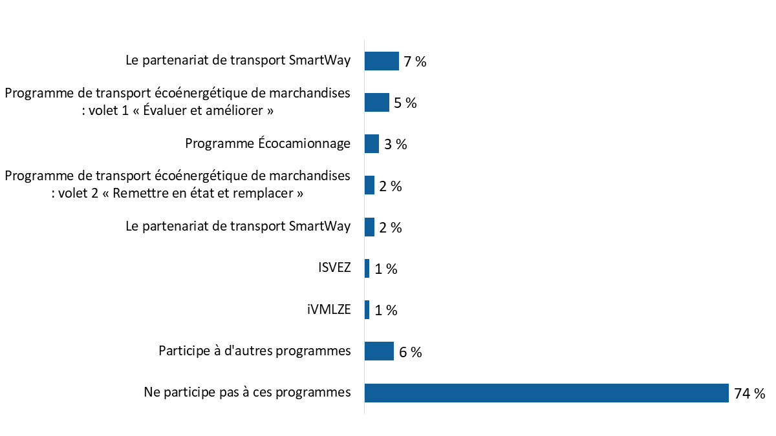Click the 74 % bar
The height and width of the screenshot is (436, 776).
point(546,393)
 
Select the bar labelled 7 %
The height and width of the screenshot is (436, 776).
point(382,61)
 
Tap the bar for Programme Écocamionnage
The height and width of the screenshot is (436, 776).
point(372,144)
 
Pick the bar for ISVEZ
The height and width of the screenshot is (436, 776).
point(367,269)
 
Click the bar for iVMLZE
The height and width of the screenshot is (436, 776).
point(367,310)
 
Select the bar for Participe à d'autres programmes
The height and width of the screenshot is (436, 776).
point(379,351)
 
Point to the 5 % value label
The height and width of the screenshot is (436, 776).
point(405,103)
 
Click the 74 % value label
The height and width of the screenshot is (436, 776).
point(749,393)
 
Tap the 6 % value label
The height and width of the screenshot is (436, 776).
point(410,352)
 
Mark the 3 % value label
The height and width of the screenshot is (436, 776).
point(395,145)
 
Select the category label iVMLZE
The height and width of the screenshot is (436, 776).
point(329,309)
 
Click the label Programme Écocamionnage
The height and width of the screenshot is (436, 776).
point(268,143)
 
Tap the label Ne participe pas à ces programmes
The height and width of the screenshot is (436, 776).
point(247,392)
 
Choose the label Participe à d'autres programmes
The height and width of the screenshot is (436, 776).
point(255,351)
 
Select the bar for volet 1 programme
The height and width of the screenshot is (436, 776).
point(376,103)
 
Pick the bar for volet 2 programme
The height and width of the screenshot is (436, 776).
point(370,185)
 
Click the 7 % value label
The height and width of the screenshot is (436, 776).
point(415,62)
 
